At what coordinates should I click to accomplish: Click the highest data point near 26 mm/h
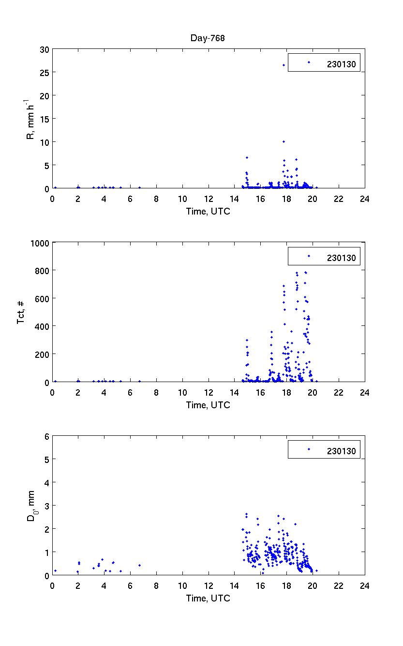284,65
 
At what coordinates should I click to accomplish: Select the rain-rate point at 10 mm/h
284,141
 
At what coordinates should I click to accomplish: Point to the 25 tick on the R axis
45,72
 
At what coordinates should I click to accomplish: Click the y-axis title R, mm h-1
31,119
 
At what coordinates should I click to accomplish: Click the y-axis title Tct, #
21,312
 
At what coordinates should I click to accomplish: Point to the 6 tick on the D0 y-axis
47,436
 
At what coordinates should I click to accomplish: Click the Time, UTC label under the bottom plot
208,599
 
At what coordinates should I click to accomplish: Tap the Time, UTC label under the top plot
208,212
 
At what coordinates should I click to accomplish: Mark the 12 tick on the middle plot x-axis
209,392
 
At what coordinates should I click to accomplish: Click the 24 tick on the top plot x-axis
364,199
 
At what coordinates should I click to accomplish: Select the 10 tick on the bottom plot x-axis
182,585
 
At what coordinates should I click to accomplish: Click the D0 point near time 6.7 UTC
139,565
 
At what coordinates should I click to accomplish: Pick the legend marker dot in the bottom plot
309,449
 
